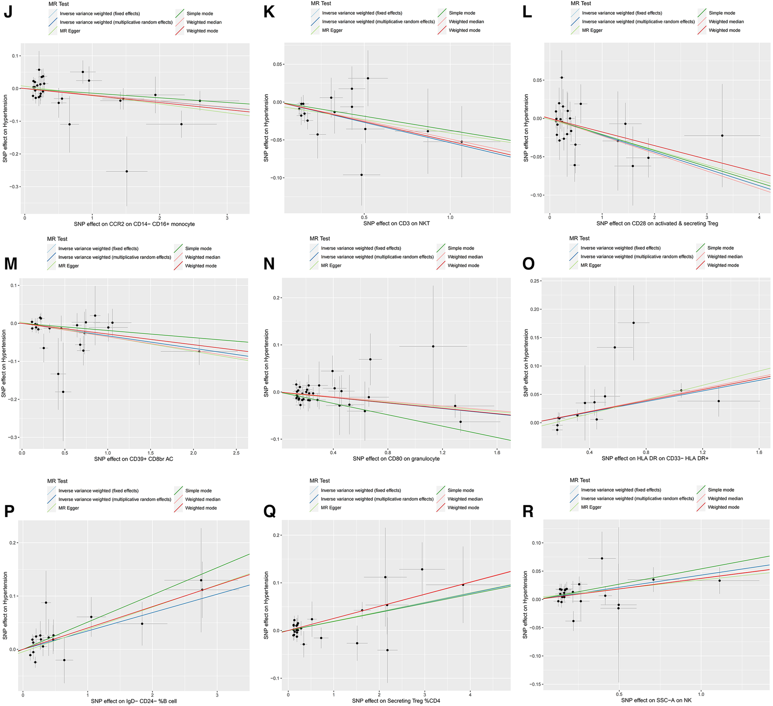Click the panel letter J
coord(8,12)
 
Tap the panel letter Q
coord(269,511)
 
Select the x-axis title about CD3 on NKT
coord(396,223)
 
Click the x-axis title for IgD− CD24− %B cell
coord(134,701)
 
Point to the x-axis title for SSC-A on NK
coord(656,700)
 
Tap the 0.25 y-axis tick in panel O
coord(534,281)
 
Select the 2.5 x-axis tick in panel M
coord(236,453)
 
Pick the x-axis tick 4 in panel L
coord(759,217)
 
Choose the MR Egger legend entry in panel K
coord(332,30)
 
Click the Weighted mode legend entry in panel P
coord(201,508)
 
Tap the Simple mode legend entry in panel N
coord(461,248)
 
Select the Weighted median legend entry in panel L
coord(726,22)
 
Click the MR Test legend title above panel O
coord(579,238)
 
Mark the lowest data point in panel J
coord(127,171)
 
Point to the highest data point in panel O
coord(634,323)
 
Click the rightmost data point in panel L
coord(722,136)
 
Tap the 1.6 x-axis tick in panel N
coord(497,453)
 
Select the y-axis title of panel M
coord(4,363)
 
